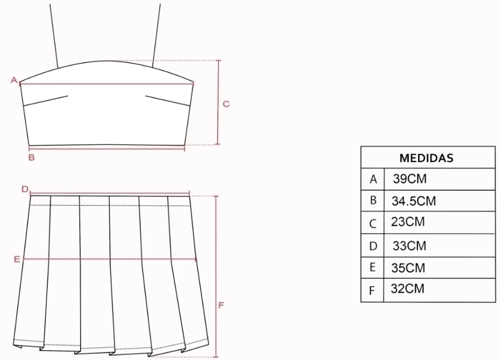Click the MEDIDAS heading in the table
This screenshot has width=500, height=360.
[x=426, y=158]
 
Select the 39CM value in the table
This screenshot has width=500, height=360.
[x=410, y=179]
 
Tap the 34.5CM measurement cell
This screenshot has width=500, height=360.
[x=414, y=201]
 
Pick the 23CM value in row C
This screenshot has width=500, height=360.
[x=408, y=222]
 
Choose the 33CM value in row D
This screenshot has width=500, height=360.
[x=410, y=246]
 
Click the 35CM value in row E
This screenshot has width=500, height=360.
[x=408, y=268]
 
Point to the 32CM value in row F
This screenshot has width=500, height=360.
[x=408, y=289]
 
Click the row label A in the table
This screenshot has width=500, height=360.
[x=373, y=180]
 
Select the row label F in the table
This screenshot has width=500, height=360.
[x=372, y=291]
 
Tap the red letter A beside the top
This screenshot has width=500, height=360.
[x=14, y=80]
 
